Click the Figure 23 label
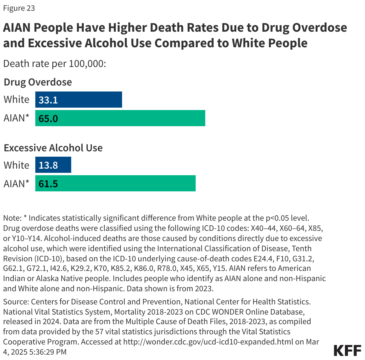point(19,8)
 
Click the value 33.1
point(48,100)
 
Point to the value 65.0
point(48,119)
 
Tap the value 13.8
point(48,165)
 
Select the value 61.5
point(48,184)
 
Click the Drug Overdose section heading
point(38,82)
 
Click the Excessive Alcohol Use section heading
point(53,148)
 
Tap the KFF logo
point(347,350)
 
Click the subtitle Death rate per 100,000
point(54,64)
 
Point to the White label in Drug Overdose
point(16,99)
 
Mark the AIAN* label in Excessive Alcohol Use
point(16,183)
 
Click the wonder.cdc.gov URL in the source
point(208,341)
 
